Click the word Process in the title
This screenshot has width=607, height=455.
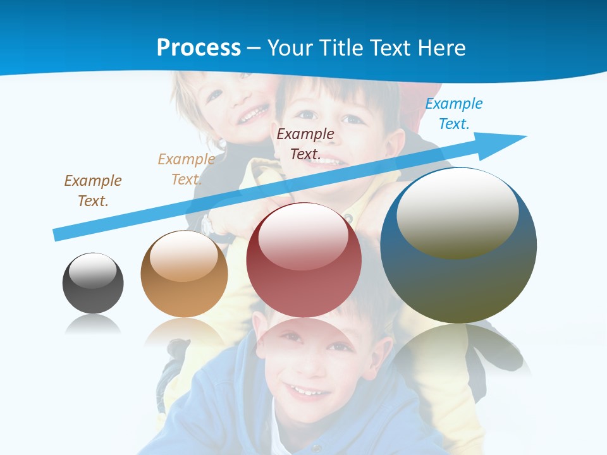click(x=199, y=47)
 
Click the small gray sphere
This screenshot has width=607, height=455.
click(x=93, y=284)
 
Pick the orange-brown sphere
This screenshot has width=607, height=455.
click(x=184, y=274)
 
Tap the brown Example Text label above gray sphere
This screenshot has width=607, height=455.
click(x=93, y=190)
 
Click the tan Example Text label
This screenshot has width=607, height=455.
click(x=186, y=169)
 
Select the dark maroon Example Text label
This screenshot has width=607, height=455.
click(x=305, y=143)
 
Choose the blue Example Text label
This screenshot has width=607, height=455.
click(x=453, y=114)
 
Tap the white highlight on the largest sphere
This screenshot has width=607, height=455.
click(x=458, y=212)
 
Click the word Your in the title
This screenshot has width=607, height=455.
click(x=289, y=47)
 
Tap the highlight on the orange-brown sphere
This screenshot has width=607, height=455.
click(x=184, y=256)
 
